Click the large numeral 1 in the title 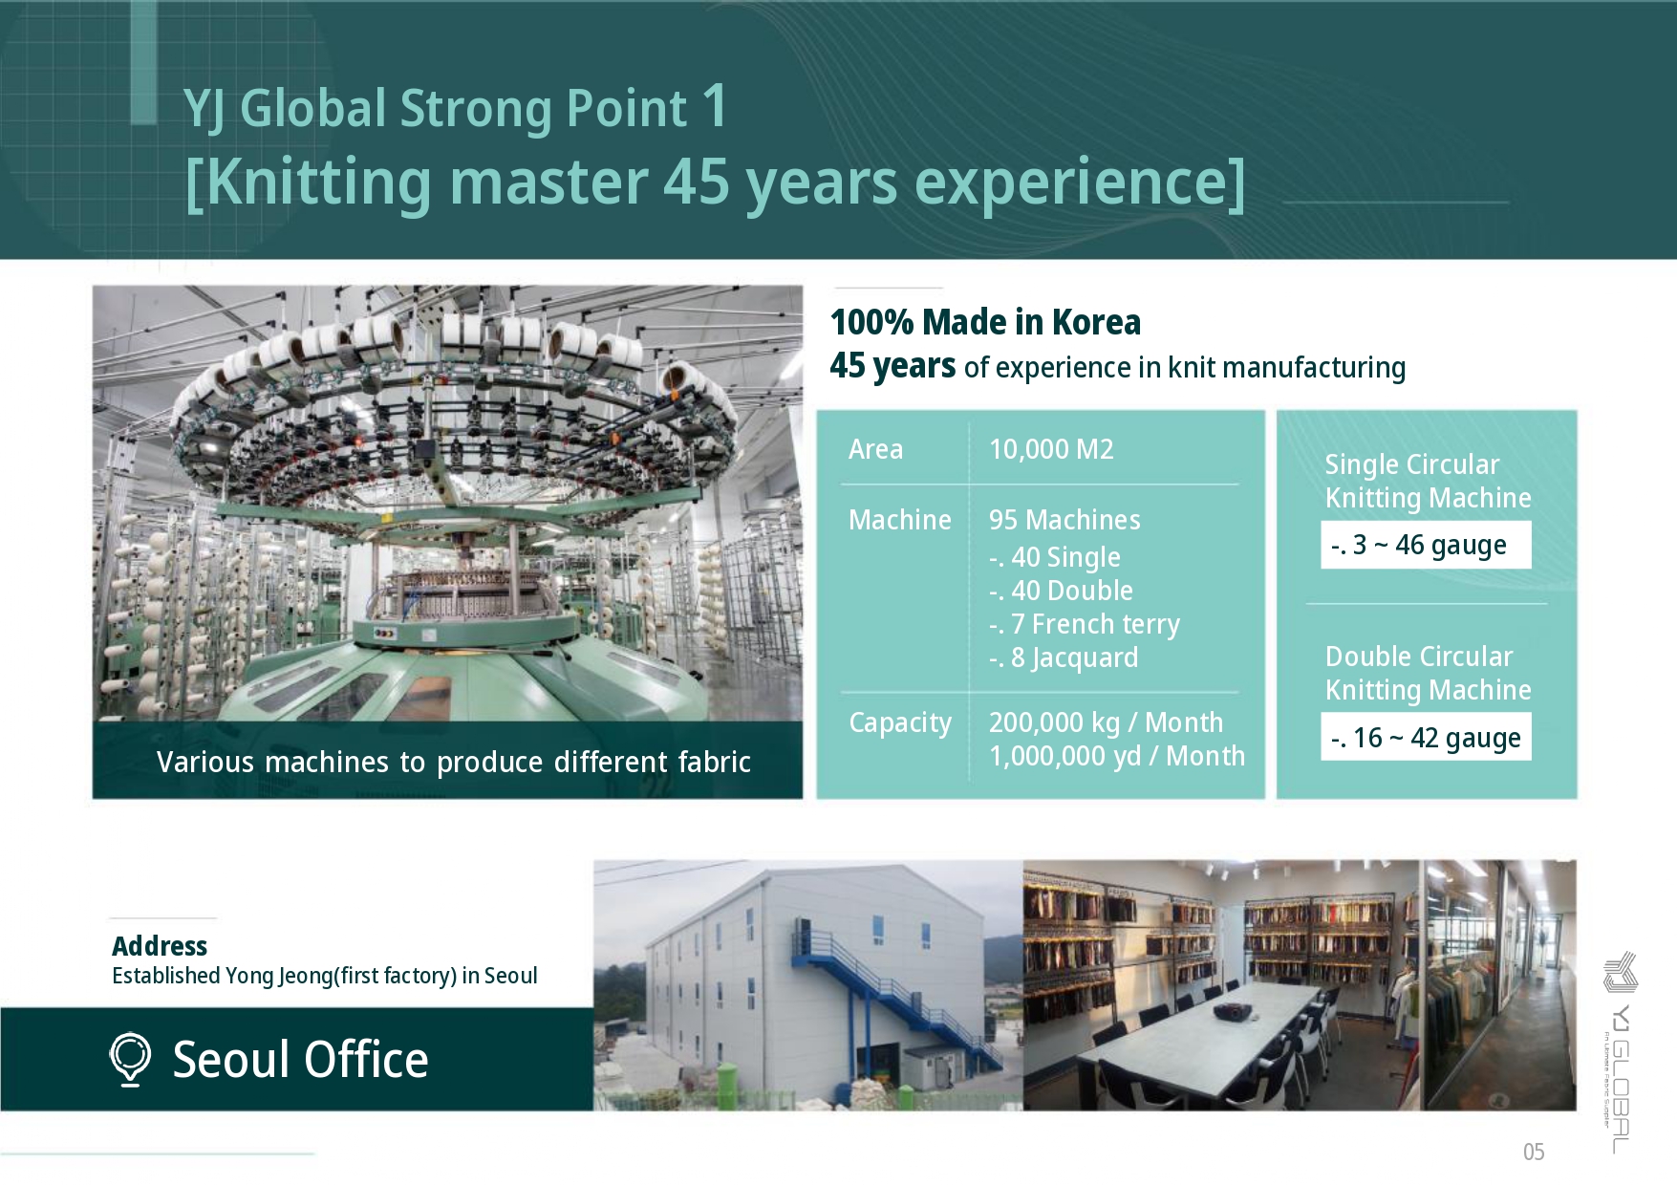pyautogui.click(x=715, y=105)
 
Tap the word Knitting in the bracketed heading pyautogui.click(x=319, y=182)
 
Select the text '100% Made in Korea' pyautogui.click(x=985, y=322)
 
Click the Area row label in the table pyautogui.click(x=875, y=449)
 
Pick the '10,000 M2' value pyautogui.click(x=1051, y=449)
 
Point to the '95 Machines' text pyautogui.click(x=1064, y=520)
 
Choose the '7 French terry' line pyautogui.click(x=1085, y=624)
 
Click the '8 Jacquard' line pyautogui.click(x=1064, y=657)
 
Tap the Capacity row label pyautogui.click(x=900, y=723)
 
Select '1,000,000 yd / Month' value pyautogui.click(x=1117, y=756)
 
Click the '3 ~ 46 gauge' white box pyautogui.click(x=1426, y=545)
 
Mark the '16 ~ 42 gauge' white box pyautogui.click(x=1426, y=737)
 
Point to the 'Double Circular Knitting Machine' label pyautogui.click(x=1428, y=673)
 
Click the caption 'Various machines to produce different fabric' pyautogui.click(x=453, y=762)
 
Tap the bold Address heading pyautogui.click(x=160, y=946)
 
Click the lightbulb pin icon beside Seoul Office pyautogui.click(x=130, y=1059)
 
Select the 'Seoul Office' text pyautogui.click(x=300, y=1059)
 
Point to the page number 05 pyautogui.click(x=1534, y=1152)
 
